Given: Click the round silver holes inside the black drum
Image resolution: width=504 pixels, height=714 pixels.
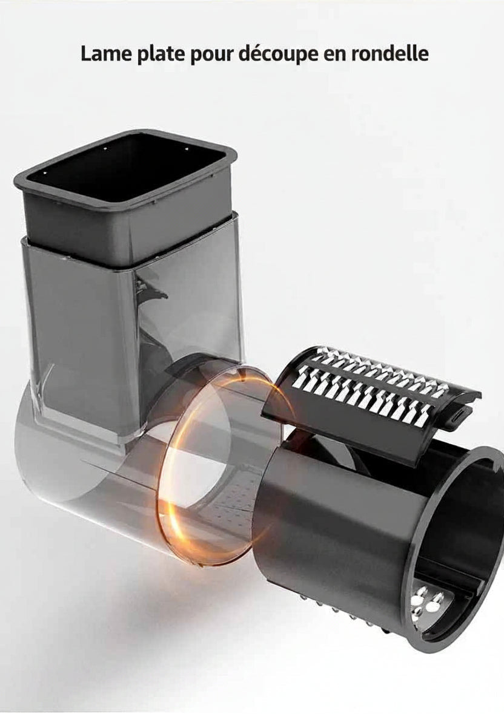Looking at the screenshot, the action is [425, 601].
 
